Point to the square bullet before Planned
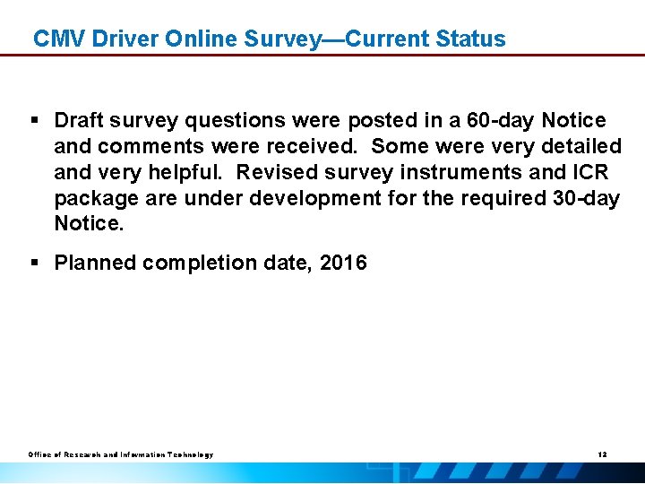point(36,264)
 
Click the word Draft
point(81,120)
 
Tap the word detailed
point(581,146)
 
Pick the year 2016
point(343,264)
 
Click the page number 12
point(602,455)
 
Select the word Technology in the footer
point(187,455)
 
